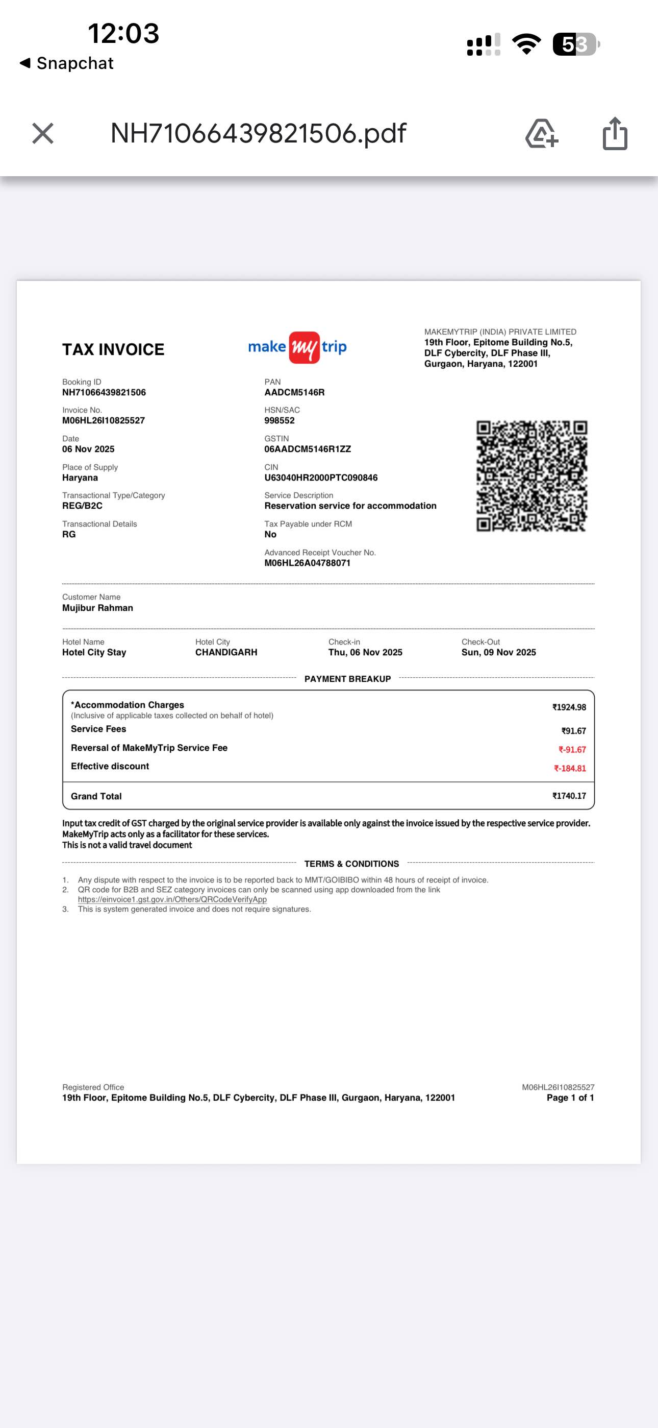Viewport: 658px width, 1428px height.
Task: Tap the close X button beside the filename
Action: [x=43, y=134]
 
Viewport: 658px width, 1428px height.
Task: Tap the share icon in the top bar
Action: [x=615, y=134]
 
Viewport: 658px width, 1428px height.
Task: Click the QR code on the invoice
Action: [x=532, y=475]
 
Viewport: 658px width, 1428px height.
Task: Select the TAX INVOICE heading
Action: [x=113, y=349]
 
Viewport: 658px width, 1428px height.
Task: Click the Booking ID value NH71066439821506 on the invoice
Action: [x=104, y=392]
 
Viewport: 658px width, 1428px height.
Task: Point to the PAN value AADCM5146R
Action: [x=294, y=392]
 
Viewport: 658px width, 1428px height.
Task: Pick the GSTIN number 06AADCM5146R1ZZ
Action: [x=308, y=449]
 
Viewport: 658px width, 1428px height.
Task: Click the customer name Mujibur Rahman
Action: [x=97, y=608]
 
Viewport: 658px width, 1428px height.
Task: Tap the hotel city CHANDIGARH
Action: [x=226, y=653]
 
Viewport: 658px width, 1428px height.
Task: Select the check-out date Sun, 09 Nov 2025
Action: [x=498, y=653]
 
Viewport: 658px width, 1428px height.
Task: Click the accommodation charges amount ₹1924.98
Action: [x=569, y=707]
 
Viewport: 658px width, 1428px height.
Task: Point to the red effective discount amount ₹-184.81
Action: [x=570, y=768]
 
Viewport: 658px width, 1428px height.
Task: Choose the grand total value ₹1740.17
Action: [x=569, y=796]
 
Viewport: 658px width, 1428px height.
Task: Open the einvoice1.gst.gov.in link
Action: [x=172, y=900]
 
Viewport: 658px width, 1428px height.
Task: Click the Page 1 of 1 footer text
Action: [x=570, y=1098]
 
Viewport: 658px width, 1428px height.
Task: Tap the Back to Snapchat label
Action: [x=67, y=63]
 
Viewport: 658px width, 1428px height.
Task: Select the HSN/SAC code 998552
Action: [x=279, y=421]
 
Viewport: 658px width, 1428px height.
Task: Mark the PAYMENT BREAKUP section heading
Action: [x=347, y=679]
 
